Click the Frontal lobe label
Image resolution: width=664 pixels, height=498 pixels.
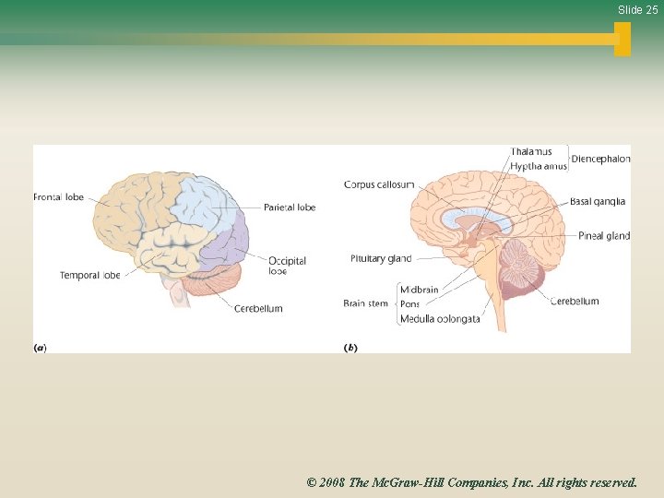(58, 197)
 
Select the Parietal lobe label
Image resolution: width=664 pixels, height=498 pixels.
(289, 207)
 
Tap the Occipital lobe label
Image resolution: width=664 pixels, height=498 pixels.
(287, 265)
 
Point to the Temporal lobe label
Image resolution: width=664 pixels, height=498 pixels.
(89, 276)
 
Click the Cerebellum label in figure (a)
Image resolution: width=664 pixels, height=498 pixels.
(258, 308)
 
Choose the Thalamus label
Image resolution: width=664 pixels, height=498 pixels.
(531, 152)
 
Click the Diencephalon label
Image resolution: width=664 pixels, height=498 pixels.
(600, 159)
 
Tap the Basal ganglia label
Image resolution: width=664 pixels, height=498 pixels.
(597, 202)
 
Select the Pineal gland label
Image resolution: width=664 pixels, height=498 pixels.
(604, 236)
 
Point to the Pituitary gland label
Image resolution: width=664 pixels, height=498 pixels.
(381, 259)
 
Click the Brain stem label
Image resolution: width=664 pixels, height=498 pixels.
(366, 303)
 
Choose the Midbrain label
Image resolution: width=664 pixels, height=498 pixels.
(419, 290)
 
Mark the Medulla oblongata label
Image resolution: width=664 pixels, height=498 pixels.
(439, 319)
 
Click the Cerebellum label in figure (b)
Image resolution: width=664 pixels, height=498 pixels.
(575, 301)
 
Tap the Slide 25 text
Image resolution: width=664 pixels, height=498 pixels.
(637, 10)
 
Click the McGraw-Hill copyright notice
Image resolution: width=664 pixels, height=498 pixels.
(471, 481)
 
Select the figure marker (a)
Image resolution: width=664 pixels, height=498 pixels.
(40, 348)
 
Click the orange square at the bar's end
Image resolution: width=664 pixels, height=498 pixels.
(622, 39)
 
